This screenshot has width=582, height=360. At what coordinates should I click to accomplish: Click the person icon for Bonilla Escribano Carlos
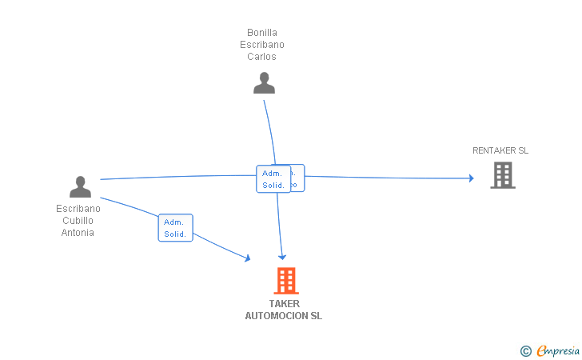264,82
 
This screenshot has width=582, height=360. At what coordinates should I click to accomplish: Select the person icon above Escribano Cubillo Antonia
80,186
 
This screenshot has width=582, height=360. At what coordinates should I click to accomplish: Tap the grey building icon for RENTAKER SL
502,174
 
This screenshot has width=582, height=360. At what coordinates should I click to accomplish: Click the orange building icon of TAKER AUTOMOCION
285,281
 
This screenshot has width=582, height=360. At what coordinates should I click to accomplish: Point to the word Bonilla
262,33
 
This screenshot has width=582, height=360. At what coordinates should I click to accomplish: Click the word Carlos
261,57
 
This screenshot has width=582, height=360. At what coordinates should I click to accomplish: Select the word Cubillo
78,221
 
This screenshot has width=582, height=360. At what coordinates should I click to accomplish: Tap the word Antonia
78,233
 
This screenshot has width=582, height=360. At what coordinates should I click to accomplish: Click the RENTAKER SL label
500,150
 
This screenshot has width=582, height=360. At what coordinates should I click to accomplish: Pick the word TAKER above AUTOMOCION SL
284,304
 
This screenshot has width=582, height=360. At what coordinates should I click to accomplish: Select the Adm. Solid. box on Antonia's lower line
175,228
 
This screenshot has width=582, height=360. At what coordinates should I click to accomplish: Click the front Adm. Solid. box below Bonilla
273,179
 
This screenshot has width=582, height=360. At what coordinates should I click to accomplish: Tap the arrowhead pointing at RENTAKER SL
471,178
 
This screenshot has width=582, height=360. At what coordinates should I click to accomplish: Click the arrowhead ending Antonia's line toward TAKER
247,258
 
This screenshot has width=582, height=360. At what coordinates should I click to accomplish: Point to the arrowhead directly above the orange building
282,256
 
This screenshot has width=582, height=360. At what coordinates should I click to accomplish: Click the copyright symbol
525,350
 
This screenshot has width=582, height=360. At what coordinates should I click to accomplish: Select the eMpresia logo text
558,350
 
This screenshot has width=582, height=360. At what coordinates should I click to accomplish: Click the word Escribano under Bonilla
262,45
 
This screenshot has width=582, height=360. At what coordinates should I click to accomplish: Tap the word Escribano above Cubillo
78,209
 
